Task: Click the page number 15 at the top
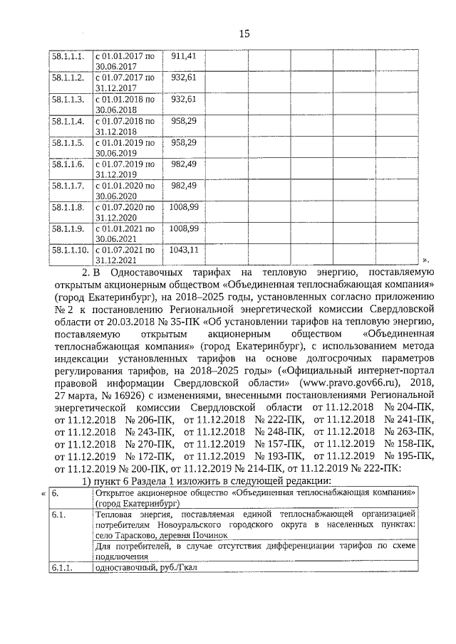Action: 244,33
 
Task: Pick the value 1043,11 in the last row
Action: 184,250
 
